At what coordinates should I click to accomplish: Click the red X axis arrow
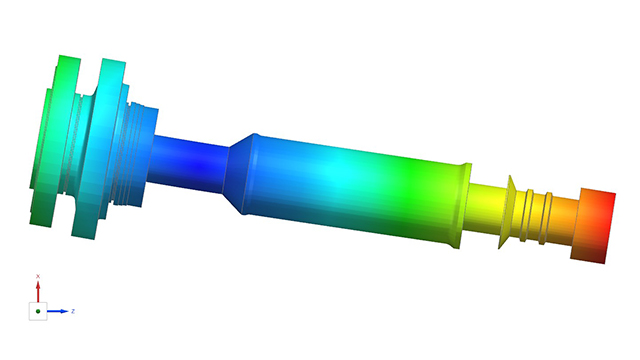(38, 291)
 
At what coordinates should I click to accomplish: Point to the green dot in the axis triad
(38, 312)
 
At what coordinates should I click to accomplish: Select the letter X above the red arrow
(38, 275)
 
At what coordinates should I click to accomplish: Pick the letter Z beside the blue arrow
(73, 312)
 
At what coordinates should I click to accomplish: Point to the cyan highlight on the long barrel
(330, 175)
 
